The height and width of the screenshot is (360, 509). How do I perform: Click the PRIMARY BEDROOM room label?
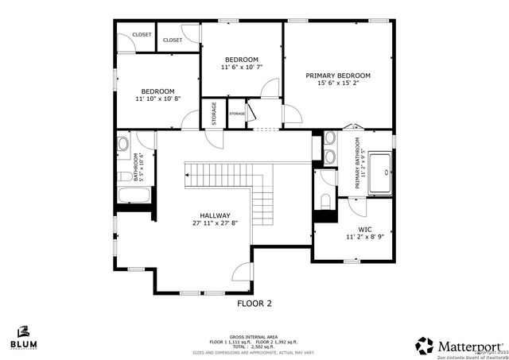(338, 75)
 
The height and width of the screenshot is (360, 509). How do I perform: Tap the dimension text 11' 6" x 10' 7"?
(241, 68)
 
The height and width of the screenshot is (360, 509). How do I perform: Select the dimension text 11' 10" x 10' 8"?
(158, 99)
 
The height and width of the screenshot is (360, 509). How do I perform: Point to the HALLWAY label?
(215, 215)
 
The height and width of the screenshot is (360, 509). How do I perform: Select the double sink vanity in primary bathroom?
(329, 147)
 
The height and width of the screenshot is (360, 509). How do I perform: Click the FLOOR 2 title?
(254, 303)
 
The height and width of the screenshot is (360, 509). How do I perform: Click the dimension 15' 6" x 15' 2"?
(338, 83)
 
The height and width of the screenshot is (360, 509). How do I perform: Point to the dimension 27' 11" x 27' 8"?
(215, 223)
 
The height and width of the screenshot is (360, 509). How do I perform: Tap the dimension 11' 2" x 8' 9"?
(354, 237)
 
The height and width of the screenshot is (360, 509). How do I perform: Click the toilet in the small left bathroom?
(124, 176)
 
